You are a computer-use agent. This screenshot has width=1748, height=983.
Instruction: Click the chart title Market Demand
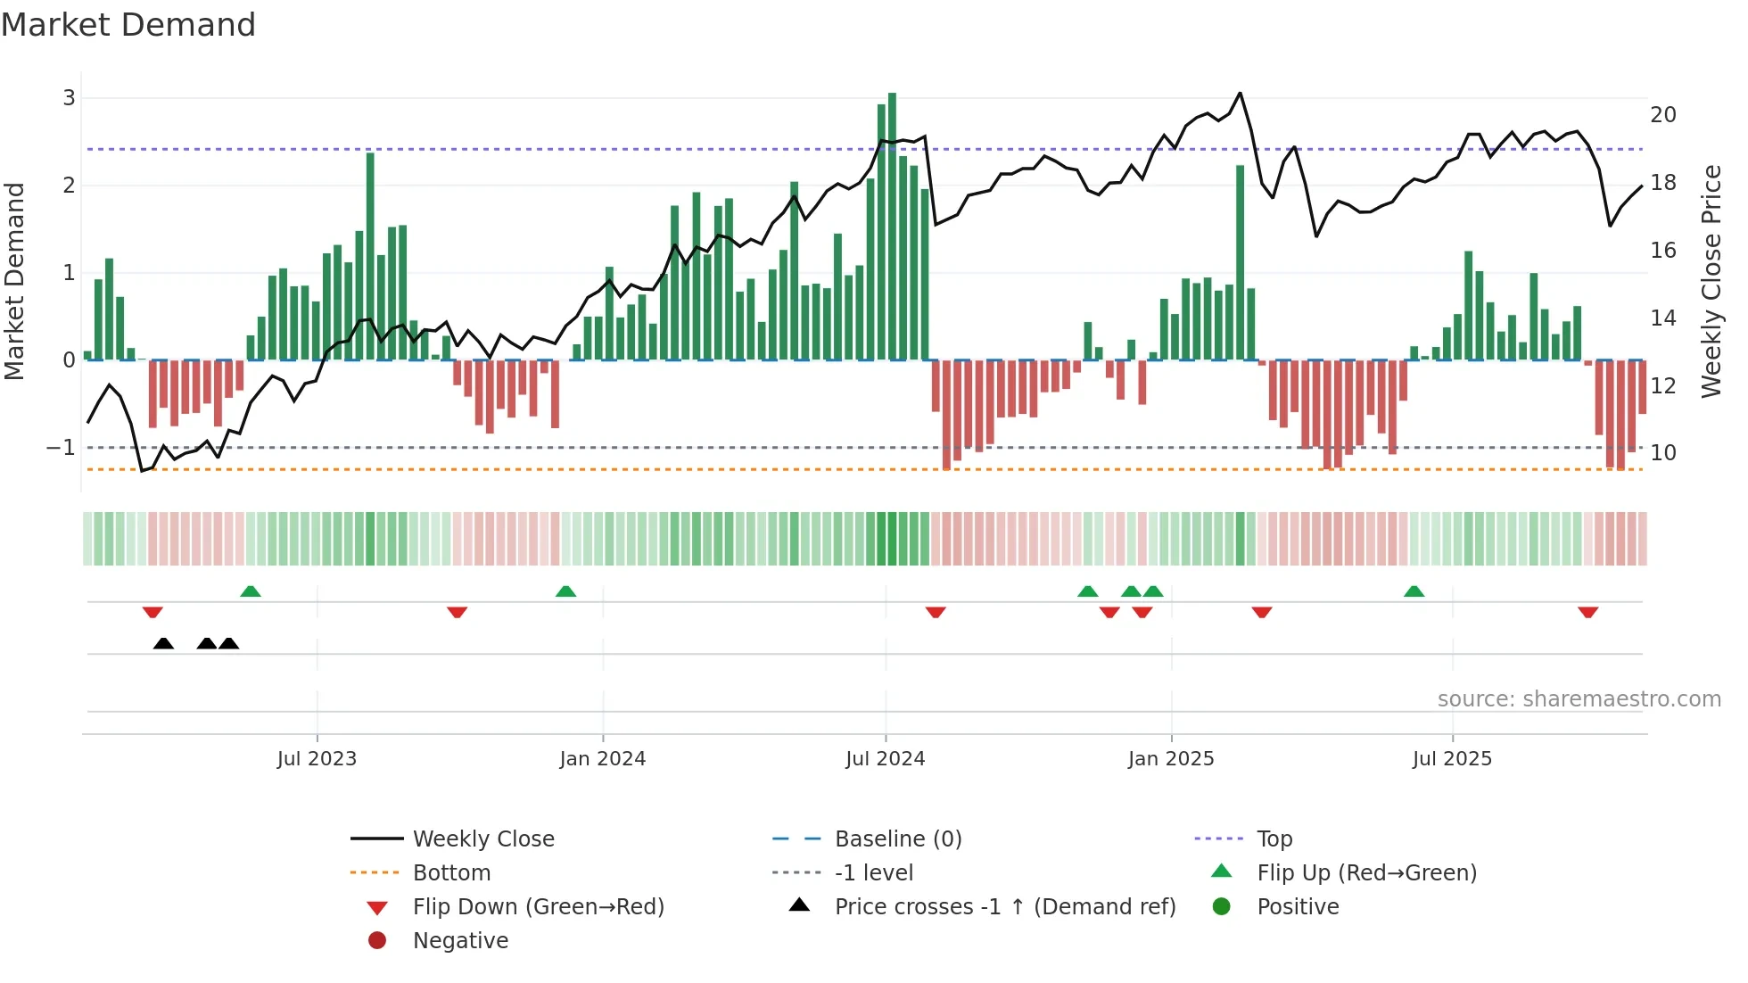click(128, 25)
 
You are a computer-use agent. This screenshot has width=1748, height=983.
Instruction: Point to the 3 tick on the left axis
click(69, 98)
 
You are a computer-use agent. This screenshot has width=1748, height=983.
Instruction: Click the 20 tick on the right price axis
click(1662, 115)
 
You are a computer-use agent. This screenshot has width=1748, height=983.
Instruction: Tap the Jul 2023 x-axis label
click(317, 759)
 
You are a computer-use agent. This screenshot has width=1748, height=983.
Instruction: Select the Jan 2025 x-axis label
click(1170, 759)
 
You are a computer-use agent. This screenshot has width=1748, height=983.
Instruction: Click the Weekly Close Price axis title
click(1711, 281)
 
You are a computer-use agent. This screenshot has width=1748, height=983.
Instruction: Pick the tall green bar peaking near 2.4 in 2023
click(370, 259)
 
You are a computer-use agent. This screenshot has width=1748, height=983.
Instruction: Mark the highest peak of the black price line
click(1240, 93)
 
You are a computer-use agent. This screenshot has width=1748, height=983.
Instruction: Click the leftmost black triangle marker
click(163, 643)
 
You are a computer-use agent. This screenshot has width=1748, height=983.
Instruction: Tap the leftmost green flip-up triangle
click(251, 591)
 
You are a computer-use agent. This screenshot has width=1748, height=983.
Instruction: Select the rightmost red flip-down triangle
click(1587, 612)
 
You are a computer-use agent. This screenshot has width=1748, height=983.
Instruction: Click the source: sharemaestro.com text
click(1579, 699)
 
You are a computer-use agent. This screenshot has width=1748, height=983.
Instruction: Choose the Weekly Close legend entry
click(482, 839)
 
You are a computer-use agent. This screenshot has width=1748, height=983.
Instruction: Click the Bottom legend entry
click(451, 873)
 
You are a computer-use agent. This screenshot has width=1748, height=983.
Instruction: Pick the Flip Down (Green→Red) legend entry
click(538, 907)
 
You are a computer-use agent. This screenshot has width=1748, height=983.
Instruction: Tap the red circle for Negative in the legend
click(377, 941)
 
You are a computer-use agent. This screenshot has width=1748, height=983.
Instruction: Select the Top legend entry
click(1274, 839)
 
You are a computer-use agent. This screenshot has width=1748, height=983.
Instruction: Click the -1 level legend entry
click(873, 873)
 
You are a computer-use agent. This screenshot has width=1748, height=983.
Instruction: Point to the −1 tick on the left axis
click(61, 448)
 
